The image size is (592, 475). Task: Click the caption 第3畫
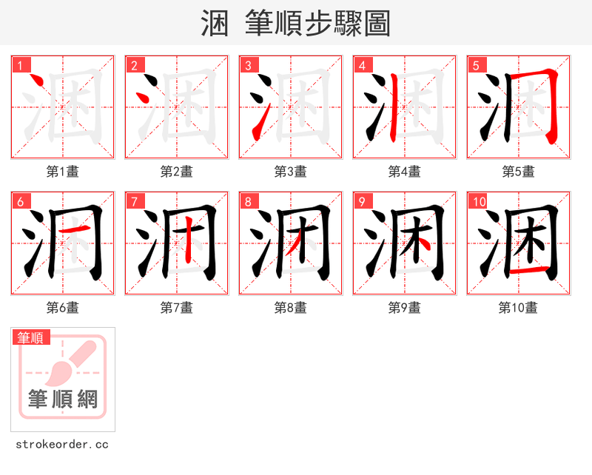coord(290,172)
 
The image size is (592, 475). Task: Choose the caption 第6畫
coord(62,308)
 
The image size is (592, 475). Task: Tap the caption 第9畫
coord(404,308)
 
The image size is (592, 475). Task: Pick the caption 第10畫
coord(518,308)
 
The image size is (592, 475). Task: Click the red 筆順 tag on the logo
coord(32,337)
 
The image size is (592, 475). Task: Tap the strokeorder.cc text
coord(62,445)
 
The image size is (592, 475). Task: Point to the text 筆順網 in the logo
coord(63,400)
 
